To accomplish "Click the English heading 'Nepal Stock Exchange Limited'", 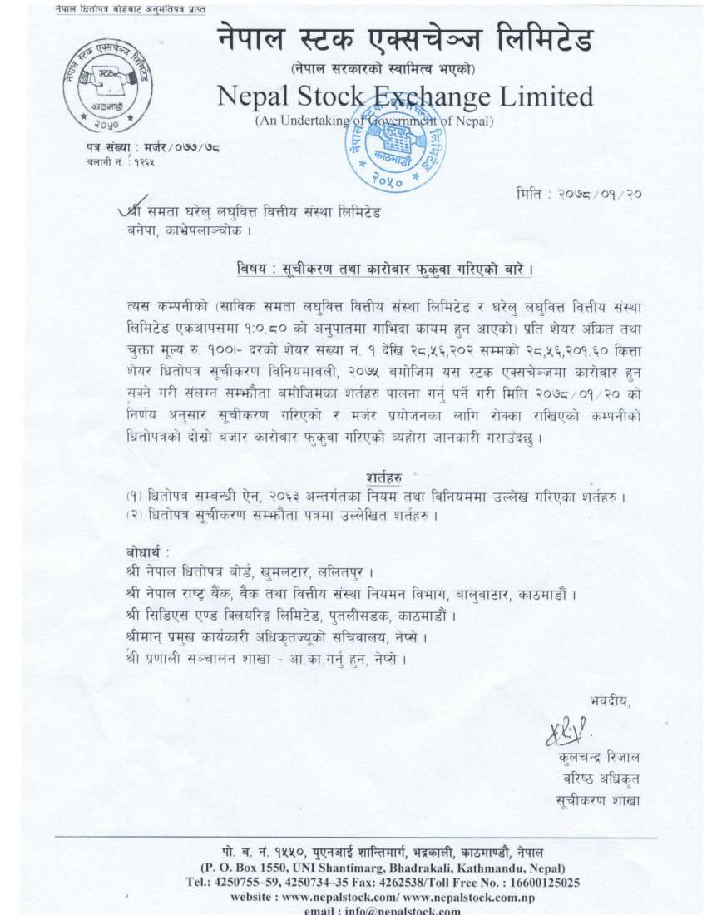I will pos(405,97).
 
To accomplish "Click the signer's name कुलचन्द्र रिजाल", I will pos(601,758).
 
